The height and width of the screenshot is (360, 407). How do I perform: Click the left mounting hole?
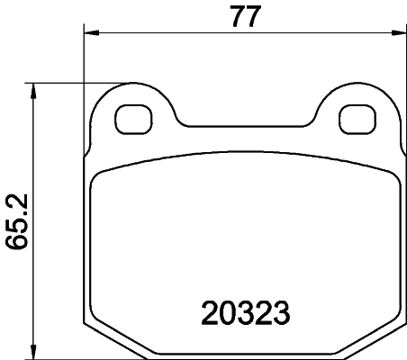click(136, 117)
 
